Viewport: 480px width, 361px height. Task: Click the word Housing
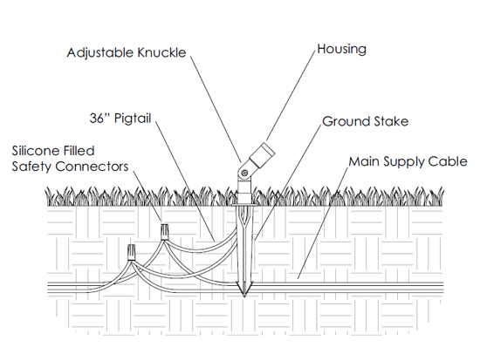pyautogui.click(x=341, y=50)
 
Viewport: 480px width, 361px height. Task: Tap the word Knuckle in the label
pyautogui.click(x=161, y=52)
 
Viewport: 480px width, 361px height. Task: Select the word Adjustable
pyautogui.click(x=100, y=53)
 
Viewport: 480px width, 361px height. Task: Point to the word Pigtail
pyautogui.click(x=133, y=119)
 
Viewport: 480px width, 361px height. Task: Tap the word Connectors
pyautogui.click(x=93, y=167)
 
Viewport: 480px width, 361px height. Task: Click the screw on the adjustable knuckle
pyautogui.click(x=244, y=174)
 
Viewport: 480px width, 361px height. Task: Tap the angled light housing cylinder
pyautogui.click(x=262, y=155)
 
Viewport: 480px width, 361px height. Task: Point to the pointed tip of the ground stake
pyautogui.click(x=244, y=296)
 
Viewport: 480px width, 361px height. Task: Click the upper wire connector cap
pyautogui.click(x=165, y=232)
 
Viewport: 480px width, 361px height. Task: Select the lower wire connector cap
pyautogui.click(x=131, y=252)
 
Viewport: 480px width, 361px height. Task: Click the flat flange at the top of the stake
pyautogui.click(x=244, y=205)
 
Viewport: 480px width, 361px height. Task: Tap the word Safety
pyautogui.click(x=32, y=167)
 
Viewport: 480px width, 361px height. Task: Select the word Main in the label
pyautogui.click(x=364, y=161)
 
